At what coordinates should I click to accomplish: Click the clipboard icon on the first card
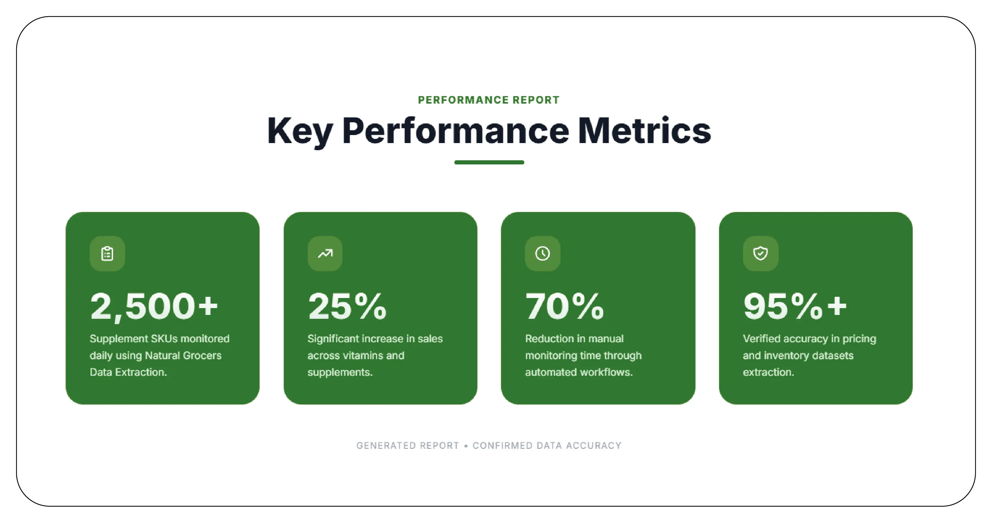coord(107,253)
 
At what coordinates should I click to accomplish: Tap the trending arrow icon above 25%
coord(325,253)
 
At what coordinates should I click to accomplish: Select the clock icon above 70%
coord(543,253)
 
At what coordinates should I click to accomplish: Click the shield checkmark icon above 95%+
coord(761,253)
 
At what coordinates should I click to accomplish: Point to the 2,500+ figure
coord(154,307)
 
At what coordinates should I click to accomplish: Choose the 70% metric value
coord(564,307)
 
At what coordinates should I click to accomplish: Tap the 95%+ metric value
coord(795,307)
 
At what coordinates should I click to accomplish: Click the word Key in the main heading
coord(300,131)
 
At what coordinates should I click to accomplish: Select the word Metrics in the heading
coord(644,131)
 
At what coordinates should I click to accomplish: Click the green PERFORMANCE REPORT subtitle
coord(489,100)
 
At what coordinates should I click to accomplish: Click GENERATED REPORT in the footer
coord(407,446)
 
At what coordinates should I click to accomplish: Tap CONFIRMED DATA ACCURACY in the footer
coord(547,446)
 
